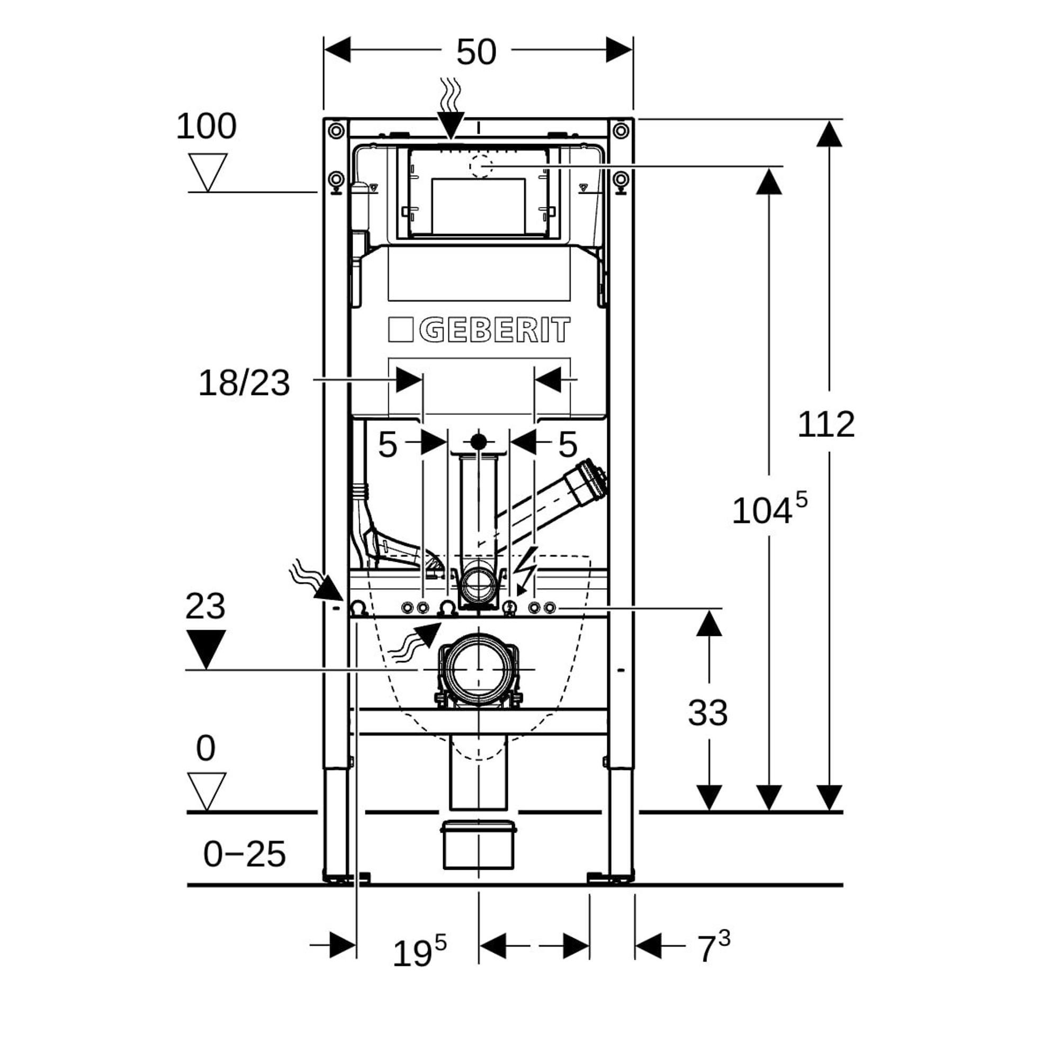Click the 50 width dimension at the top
pos(476,52)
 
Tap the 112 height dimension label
pos(825,424)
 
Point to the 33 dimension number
pos(707,713)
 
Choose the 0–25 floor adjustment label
pos(244,854)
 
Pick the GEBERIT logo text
pos(479,330)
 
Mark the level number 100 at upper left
pos(206,126)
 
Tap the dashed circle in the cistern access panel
pos(481,166)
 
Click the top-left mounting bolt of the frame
pos(336,131)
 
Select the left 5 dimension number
pos(387,445)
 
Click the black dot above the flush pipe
pos(479,441)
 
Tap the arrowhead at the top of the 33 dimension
pos(709,624)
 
